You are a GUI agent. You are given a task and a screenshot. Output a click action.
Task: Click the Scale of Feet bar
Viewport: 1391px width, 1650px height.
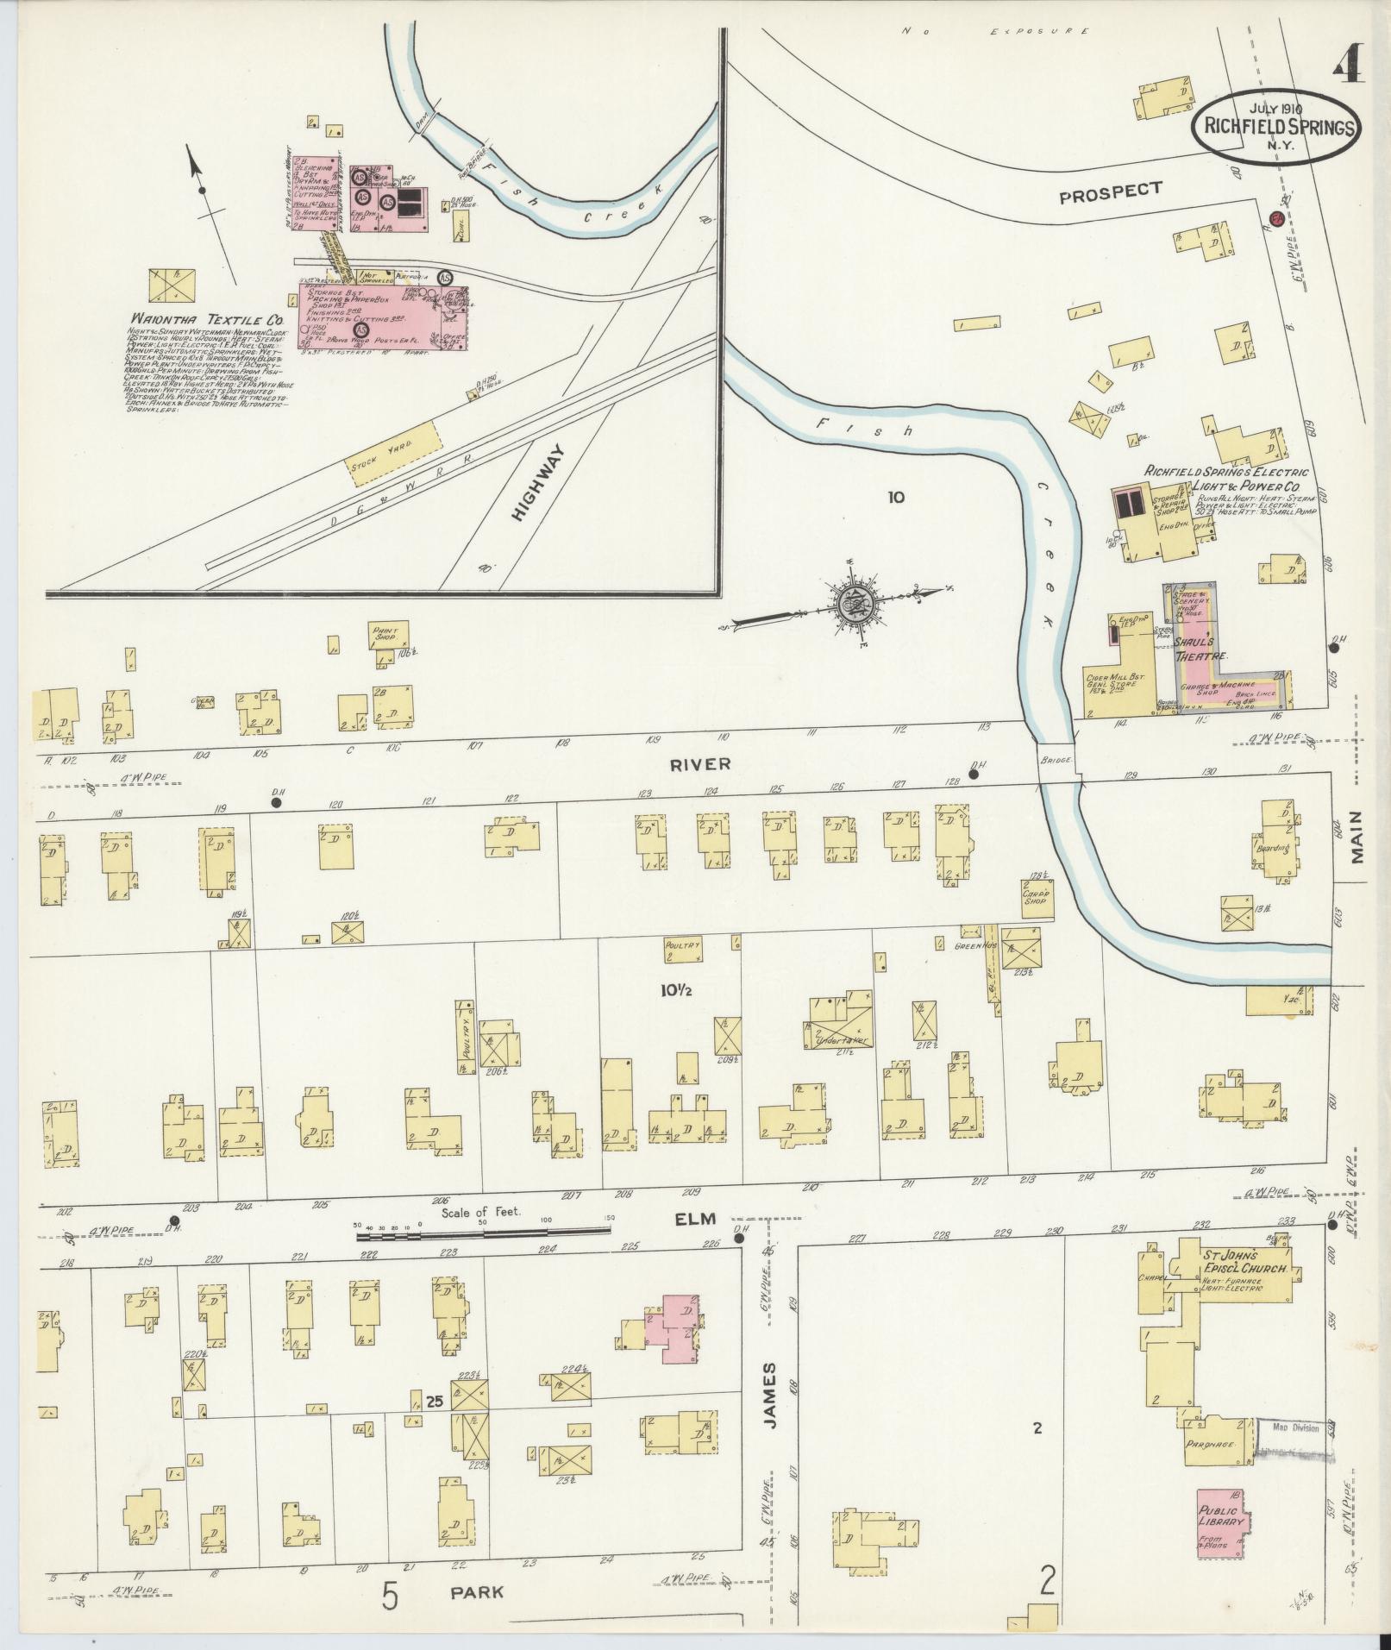tap(483, 1236)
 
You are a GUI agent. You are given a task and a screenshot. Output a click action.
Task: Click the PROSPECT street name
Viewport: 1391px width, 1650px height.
tap(1110, 191)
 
